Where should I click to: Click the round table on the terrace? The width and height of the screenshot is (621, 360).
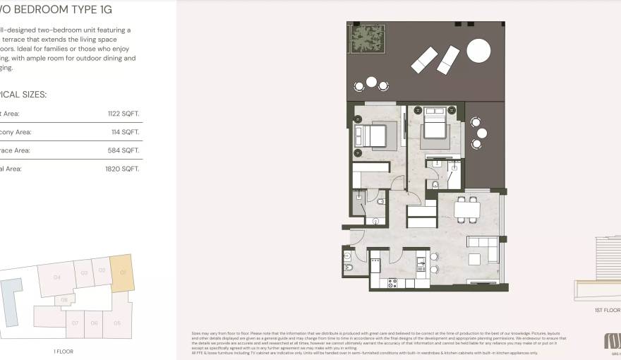478,51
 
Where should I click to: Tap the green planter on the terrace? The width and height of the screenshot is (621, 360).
366,40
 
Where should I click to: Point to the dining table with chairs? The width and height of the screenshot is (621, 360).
467,209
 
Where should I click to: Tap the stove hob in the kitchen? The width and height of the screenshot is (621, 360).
392,282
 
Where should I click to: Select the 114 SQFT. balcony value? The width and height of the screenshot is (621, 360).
126,132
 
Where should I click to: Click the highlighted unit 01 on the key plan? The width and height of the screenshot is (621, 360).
121,272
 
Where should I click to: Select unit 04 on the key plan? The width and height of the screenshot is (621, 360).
56,277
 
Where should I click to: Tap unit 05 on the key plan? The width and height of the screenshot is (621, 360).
117,323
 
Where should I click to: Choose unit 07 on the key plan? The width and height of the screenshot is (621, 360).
75,323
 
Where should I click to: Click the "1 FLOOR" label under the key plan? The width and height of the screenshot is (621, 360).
64,351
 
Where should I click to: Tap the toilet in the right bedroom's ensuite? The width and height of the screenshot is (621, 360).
435,185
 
